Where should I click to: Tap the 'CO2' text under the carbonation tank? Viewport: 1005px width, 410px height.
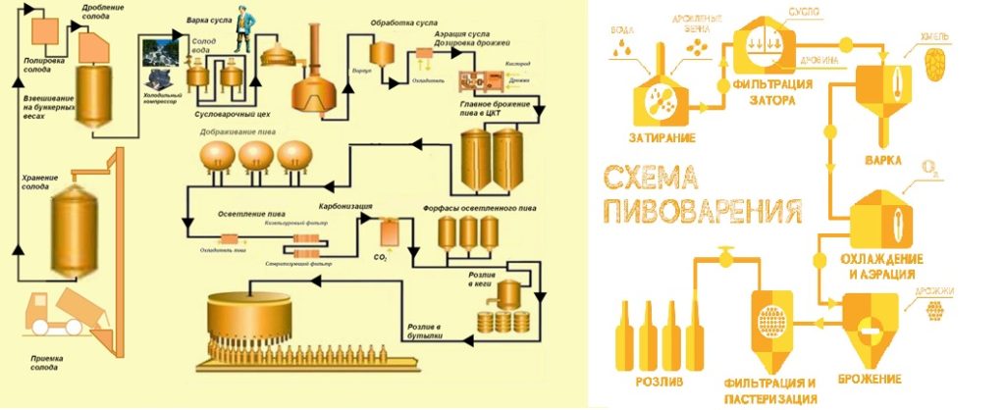coord(380,257)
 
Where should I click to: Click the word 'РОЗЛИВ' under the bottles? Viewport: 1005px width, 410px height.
coord(648,378)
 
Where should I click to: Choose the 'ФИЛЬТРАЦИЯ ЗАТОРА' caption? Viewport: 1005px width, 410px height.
coord(772,93)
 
